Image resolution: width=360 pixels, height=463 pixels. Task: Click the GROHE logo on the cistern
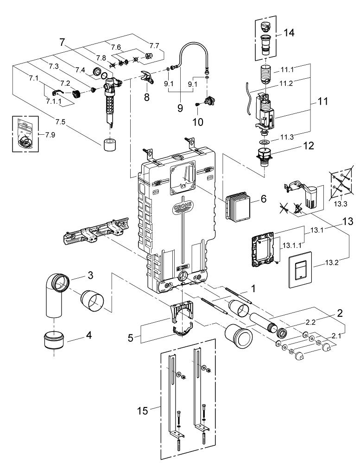[183, 206]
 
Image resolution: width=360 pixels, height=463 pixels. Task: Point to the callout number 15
[142, 410]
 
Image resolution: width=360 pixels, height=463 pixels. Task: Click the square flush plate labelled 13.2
[300, 269]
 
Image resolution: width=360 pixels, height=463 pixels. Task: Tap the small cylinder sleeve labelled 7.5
[111, 144]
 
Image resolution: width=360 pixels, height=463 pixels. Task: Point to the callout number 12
[308, 145]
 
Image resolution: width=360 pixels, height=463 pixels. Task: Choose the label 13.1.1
[292, 245]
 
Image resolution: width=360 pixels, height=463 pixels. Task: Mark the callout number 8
[146, 97]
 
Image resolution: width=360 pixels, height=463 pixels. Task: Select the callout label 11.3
[287, 137]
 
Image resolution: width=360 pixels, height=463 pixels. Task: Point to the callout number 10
[198, 121]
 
